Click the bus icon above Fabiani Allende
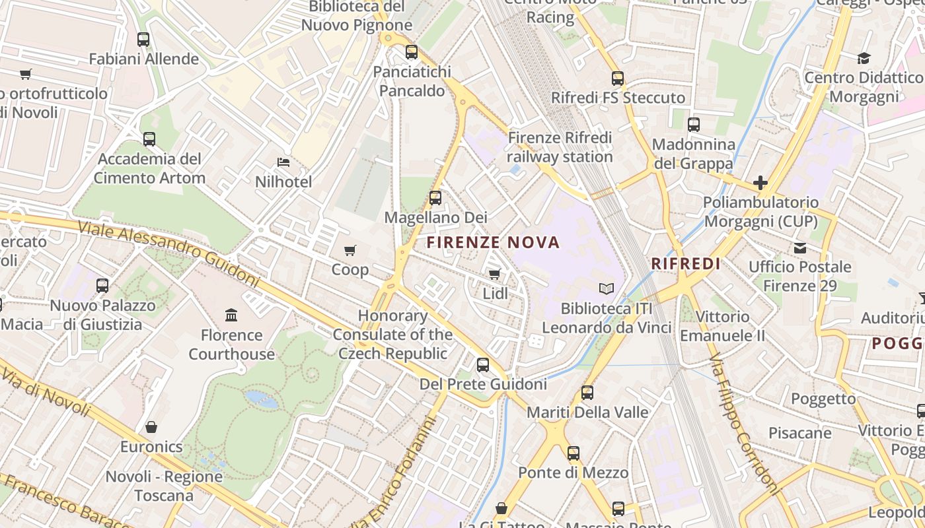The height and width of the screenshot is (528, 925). tap(143, 40)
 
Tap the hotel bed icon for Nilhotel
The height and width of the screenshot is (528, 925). tap(283, 162)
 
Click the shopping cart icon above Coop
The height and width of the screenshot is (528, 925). tap(350, 250)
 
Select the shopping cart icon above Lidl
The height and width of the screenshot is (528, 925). tap(494, 274)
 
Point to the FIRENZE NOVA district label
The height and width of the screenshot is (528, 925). tap(493, 242)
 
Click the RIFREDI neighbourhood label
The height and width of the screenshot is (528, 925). tap(685, 263)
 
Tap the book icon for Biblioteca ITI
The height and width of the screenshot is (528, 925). tap(606, 288)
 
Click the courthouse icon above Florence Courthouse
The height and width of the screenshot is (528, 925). tap(231, 315)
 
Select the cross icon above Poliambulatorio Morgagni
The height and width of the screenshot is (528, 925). tap(760, 182)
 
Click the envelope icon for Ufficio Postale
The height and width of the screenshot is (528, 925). tap(800, 248)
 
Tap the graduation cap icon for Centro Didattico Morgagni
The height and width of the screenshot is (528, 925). tap(864, 58)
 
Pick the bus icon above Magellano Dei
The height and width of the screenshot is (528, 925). tap(435, 197)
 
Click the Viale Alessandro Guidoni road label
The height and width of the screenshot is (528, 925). tap(168, 253)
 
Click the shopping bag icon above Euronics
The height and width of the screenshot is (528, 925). tap(151, 427)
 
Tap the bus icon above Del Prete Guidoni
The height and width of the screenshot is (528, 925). tap(483, 364)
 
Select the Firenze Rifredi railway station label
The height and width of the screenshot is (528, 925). tap(560, 147)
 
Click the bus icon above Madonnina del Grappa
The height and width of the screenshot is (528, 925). tap(693, 124)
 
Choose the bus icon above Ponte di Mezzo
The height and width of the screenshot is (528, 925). tap(573, 453)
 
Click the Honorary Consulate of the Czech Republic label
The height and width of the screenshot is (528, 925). tap(392, 335)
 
